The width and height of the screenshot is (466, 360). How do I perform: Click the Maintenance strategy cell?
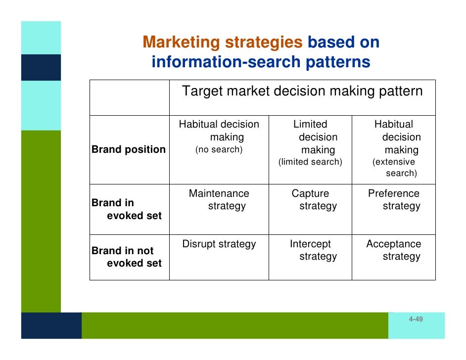219,200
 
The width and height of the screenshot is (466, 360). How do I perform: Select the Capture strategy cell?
310,200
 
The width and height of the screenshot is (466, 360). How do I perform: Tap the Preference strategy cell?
394,200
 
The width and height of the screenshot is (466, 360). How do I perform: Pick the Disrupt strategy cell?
219,244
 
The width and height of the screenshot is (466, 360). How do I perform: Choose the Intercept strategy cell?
310,250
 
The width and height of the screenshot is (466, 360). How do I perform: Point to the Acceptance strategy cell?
394,250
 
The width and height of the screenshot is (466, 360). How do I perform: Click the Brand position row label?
129,150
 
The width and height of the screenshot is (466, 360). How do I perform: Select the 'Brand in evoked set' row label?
127,209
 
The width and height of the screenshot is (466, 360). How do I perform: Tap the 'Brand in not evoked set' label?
127,257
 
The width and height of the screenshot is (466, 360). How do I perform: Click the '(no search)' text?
219,150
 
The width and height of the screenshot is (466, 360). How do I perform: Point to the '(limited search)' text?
310,162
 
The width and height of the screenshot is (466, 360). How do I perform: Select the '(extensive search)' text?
394,168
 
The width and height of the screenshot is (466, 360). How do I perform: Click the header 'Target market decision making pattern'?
302,92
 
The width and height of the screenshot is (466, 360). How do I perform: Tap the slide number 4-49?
416,319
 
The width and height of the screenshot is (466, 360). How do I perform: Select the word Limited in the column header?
310,124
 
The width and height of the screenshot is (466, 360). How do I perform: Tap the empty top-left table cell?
129,97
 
